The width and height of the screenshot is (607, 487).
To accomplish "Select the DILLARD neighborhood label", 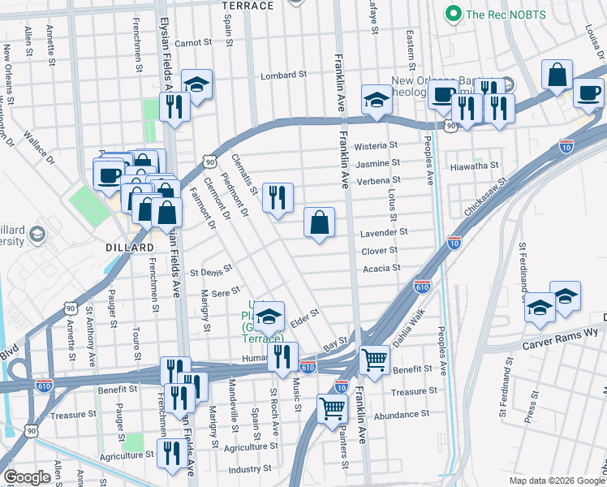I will [x=129, y=247].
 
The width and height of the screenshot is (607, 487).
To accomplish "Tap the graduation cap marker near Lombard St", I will [x=196, y=83].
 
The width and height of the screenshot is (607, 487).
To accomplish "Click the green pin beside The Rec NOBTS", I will [x=453, y=14].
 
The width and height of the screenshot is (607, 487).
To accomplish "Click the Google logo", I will [x=28, y=476].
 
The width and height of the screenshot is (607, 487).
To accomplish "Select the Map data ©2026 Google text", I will [x=554, y=481].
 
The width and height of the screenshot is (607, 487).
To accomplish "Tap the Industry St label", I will [x=249, y=469].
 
